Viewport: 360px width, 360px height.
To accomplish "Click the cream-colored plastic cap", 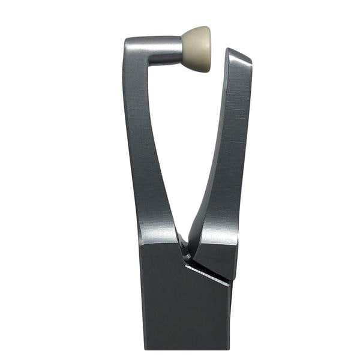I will click(197, 49).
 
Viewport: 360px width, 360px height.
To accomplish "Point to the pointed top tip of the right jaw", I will click(230, 50).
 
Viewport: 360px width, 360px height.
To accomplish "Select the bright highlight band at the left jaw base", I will click(158, 234).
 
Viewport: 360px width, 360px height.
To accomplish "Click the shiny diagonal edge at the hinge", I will click(207, 274).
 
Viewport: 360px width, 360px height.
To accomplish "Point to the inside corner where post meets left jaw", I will click(148, 64).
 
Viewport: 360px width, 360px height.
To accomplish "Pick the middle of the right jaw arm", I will click(225, 150).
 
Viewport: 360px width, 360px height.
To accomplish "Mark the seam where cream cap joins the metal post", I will click(182, 50).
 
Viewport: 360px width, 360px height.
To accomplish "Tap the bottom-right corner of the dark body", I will click(229, 348).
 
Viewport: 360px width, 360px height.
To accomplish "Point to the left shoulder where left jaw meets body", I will click(140, 242).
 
